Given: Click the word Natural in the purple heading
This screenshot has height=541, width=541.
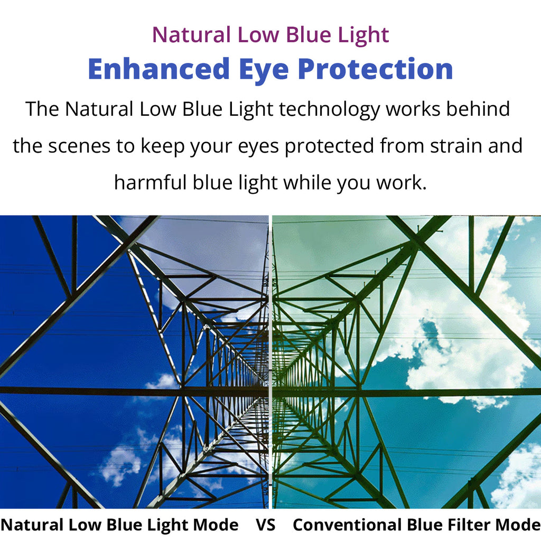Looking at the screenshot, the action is (191, 35).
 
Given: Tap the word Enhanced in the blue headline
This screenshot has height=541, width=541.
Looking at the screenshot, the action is (158, 69).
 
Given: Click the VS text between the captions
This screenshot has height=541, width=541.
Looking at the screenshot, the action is (266, 525).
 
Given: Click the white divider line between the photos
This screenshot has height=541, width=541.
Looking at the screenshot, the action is (270, 362).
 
